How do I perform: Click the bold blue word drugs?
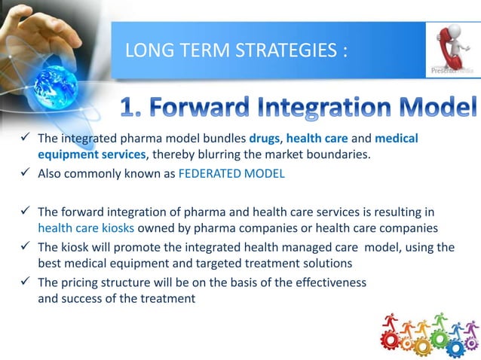pos(264,139)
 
